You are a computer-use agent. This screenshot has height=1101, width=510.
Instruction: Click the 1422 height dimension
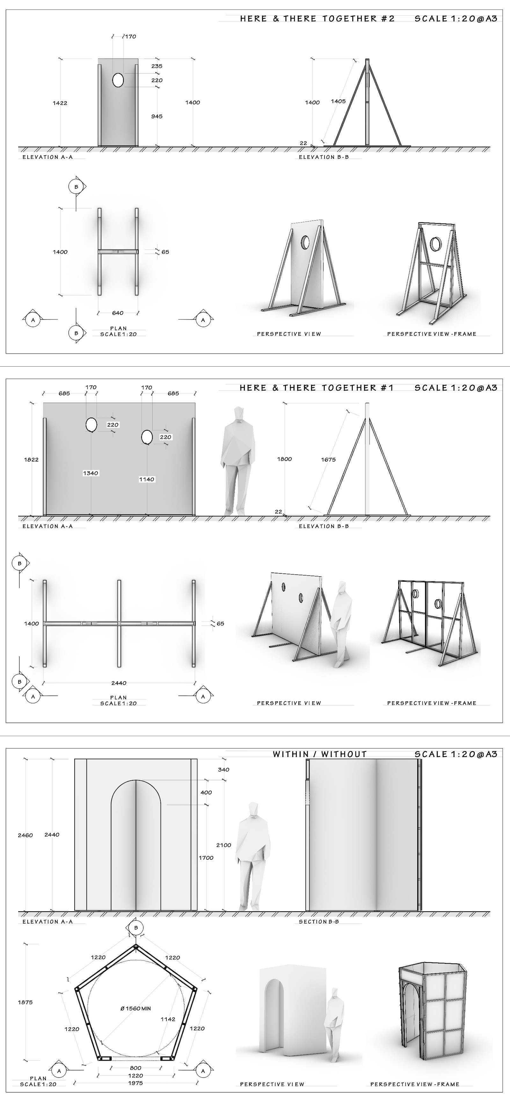(x=60, y=103)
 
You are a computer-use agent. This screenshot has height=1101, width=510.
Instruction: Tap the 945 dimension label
(x=157, y=116)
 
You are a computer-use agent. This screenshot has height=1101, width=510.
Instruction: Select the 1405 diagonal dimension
(x=338, y=101)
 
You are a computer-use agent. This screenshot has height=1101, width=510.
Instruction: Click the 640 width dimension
(x=118, y=313)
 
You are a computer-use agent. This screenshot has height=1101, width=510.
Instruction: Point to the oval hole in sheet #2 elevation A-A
(x=118, y=80)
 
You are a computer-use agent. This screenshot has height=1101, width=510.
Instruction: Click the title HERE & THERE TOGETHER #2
(x=317, y=19)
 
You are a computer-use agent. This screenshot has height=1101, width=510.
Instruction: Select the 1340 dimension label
(x=91, y=473)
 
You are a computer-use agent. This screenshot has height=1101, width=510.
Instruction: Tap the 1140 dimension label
(x=147, y=479)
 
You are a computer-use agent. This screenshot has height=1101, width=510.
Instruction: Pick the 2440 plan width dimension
(x=119, y=683)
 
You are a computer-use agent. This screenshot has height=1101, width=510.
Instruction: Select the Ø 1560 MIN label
(x=135, y=1008)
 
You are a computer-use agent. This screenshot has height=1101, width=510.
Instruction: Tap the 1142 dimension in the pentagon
(x=168, y=1019)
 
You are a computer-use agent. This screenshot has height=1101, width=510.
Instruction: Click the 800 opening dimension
(x=135, y=1068)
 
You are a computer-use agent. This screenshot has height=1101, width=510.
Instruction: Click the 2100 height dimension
(x=223, y=845)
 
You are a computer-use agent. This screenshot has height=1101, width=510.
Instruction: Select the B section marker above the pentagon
(x=136, y=928)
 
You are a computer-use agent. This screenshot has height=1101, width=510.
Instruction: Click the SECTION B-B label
(x=319, y=922)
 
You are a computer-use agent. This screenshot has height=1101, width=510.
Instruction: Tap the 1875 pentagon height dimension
(x=25, y=1002)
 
